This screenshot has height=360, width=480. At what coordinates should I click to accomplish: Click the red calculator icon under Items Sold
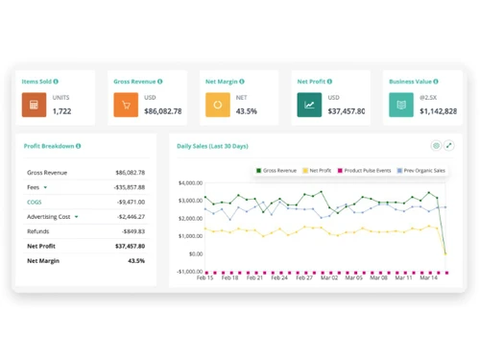[35, 105]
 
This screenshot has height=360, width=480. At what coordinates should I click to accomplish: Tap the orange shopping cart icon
[126, 105]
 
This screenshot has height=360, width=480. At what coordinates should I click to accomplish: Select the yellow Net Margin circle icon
[217, 105]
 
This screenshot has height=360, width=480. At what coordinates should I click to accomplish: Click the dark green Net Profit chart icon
[309, 105]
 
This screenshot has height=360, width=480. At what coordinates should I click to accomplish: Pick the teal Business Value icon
[401, 105]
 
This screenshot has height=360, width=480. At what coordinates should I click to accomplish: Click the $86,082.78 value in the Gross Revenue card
[162, 111]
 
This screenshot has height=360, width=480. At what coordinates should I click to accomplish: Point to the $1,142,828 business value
[438, 111]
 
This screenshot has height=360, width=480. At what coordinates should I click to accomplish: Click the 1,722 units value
[61, 111]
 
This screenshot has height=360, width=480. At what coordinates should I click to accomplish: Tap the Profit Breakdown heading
[51, 146]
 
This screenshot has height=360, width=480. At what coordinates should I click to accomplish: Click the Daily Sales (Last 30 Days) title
[212, 146]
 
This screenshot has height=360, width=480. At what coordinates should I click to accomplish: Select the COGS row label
[35, 203]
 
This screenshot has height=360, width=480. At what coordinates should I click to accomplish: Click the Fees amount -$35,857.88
[129, 187]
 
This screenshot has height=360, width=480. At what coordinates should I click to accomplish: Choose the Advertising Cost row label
[49, 217]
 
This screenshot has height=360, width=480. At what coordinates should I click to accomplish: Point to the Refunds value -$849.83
[132, 231]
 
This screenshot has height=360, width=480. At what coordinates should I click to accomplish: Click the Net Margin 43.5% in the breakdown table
[136, 260]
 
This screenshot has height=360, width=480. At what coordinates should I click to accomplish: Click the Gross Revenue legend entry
[276, 171]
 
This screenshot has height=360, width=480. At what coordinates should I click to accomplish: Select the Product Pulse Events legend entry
[364, 171]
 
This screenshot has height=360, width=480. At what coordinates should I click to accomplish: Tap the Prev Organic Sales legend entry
[420, 171]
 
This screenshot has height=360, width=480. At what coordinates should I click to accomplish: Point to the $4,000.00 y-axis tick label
[189, 182]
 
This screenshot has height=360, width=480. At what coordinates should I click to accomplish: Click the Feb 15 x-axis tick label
[205, 277]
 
